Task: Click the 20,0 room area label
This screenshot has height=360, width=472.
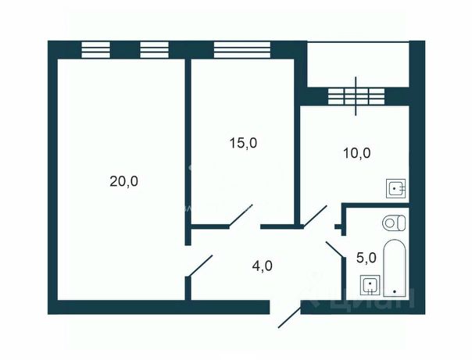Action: coord(123,181)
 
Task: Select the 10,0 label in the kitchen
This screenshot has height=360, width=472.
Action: coord(356,153)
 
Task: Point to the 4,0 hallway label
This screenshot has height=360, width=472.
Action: coord(263,266)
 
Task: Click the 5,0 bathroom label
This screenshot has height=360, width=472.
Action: coord(367,256)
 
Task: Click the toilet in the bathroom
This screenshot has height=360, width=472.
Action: coord(395,222)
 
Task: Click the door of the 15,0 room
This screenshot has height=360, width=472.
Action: coord(241,216)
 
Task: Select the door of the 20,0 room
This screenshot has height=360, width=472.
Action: coord(199,266)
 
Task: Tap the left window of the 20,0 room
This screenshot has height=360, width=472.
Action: coord(96,49)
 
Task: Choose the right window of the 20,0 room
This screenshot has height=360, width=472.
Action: coord(155,49)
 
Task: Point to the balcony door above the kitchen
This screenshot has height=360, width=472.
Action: coord(357,96)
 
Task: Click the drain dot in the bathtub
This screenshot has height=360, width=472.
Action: coord(395,291)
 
